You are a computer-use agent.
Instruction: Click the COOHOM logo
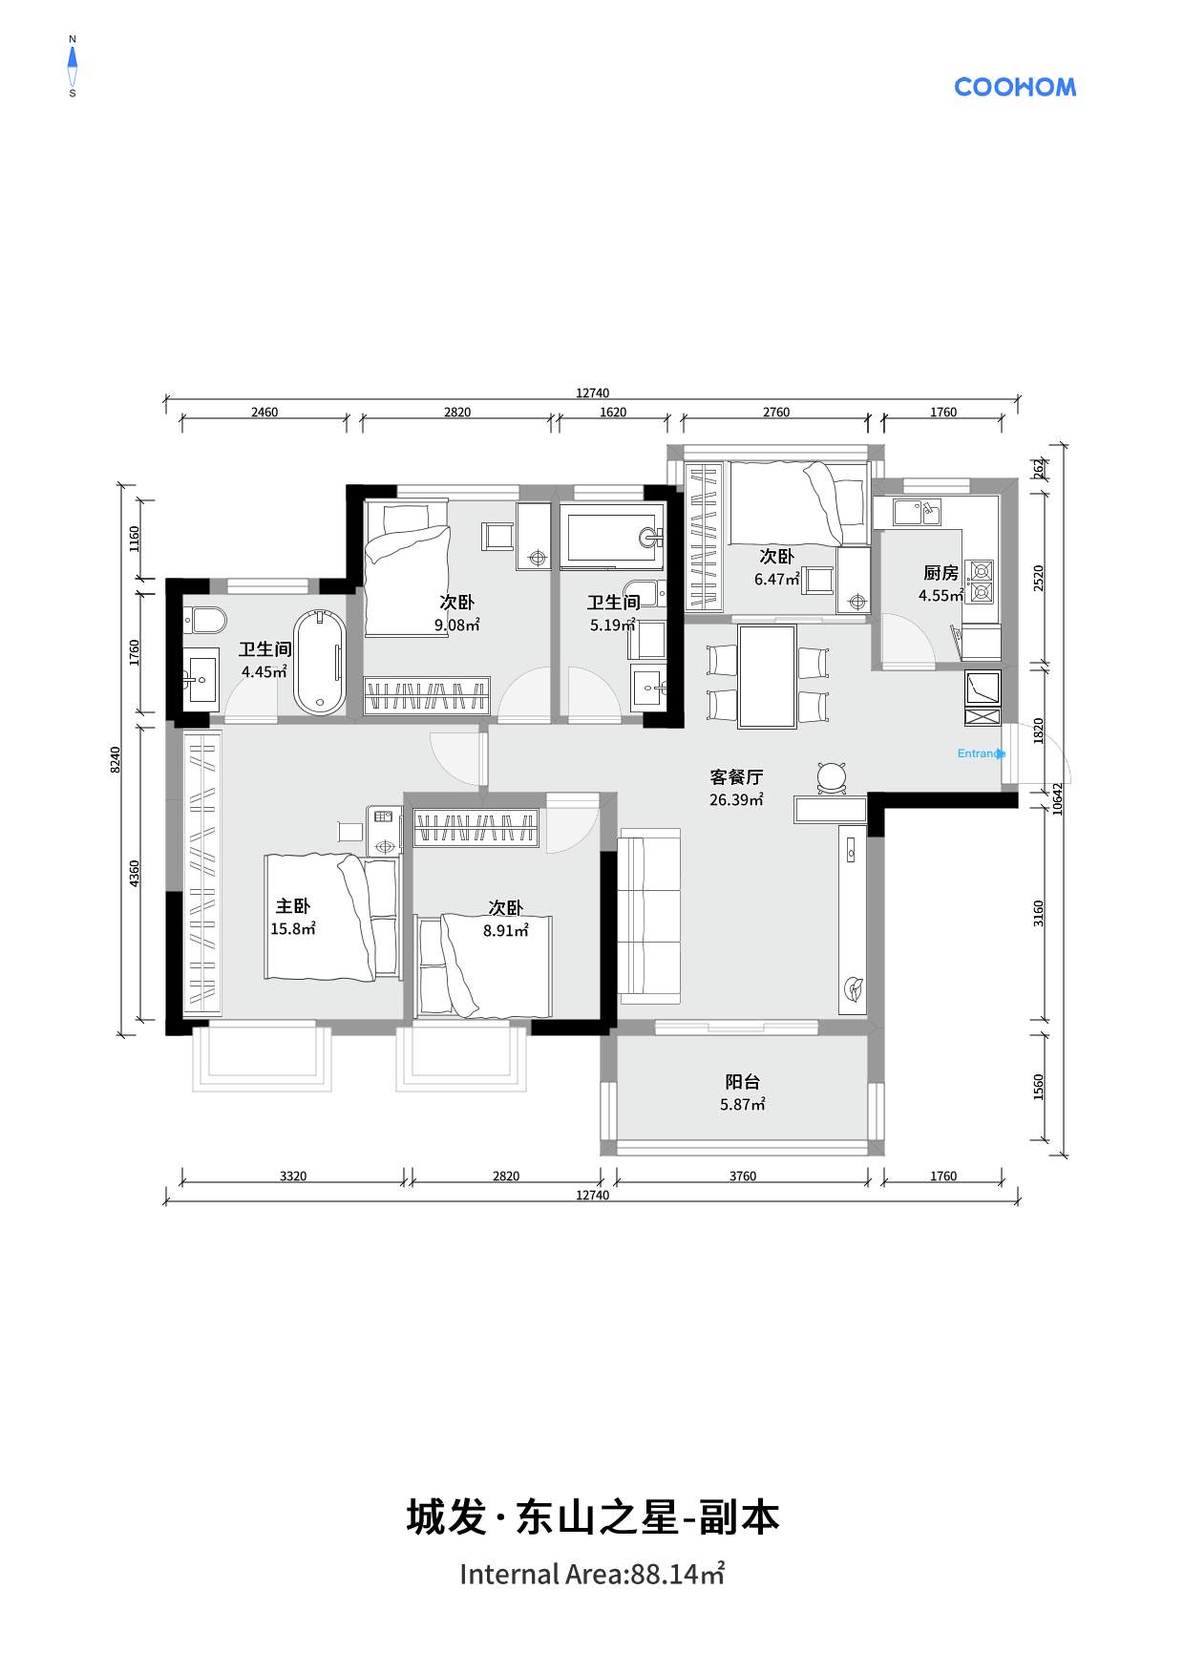(1015, 87)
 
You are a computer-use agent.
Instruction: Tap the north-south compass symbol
(72, 66)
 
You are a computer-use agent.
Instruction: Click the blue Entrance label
(982, 753)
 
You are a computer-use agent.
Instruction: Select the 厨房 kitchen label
(941, 573)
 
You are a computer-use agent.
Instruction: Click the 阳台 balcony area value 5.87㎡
(743, 1105)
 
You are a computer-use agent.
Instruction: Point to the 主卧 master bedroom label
(293, 906)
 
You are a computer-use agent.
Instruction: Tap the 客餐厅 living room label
(736, 777)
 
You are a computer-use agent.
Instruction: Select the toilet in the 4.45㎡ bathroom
(204, 621)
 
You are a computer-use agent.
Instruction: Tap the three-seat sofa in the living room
(649, 916)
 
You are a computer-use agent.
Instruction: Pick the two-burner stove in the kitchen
(981, 583)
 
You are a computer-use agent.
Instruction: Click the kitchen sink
(917, 512)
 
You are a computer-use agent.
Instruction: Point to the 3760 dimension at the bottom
(743, 1176)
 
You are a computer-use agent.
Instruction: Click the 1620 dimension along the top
(613, 413)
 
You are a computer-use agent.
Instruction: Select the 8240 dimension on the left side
(116, 760)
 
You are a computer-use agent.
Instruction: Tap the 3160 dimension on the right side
(1039, 913)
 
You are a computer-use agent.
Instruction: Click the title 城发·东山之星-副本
(593, 1517)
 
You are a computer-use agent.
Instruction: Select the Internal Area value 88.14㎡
(677, 1574)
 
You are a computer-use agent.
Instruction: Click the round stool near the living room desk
(833, 776)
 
